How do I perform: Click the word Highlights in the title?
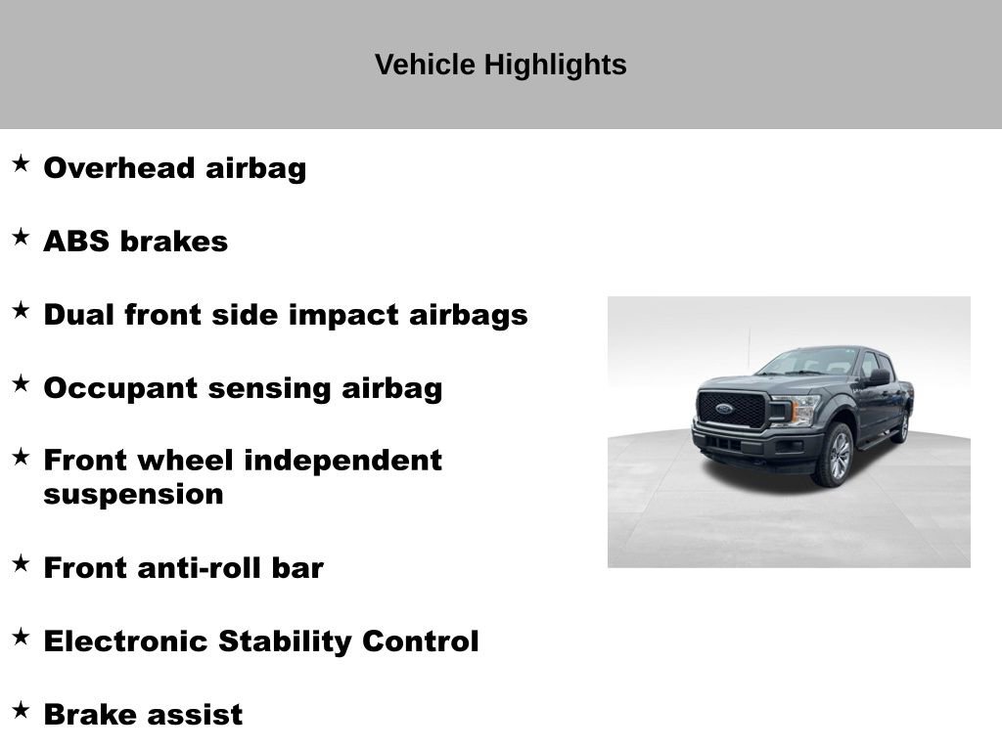pyautogui.click(x=556, y=66)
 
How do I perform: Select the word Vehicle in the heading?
pyautogui.click(x=425, y=65)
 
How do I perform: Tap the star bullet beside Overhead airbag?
pyautogui.click(x=21, y=163)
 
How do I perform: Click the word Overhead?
pyautogui.click(x=118, y=168)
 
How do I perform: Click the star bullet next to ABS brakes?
pyautogui.click(x=21, y=237)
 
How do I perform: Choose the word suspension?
pyautogui.click(x=133, y=495)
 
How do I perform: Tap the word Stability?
pyautogui.click(x=285, y=641)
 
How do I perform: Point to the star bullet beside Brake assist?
pyautogui.click(x=21, y=710)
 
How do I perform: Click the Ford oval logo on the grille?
pyautogui.click(x=724, y=409)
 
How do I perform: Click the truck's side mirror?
pyautogui.click(x=879, y=377)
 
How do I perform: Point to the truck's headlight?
pyautogui.click(x=797, y=410)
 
